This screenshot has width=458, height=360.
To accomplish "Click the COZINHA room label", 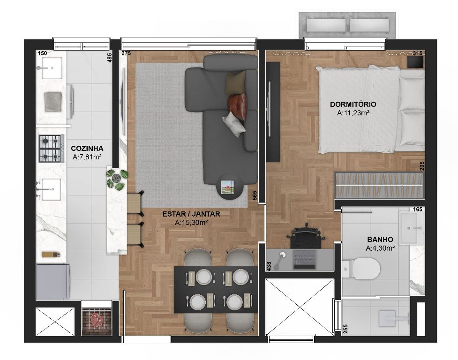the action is pos(87,149).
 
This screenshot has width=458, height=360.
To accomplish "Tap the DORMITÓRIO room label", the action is pos(353,104).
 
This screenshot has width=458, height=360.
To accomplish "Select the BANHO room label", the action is pos(380,240).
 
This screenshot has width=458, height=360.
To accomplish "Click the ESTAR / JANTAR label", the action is pos(191,214).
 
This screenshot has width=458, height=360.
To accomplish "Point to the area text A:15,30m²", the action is pos(191,223).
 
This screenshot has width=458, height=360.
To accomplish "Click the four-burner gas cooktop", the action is pos(52,148).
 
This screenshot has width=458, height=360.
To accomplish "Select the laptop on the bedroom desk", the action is pos(305,259).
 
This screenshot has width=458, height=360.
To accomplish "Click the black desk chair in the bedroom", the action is pos(306,236).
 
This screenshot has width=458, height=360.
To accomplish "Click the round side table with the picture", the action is pos(230,187).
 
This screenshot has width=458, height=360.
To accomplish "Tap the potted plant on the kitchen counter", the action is pos(117,179).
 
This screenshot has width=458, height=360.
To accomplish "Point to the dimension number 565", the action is pos(255,195).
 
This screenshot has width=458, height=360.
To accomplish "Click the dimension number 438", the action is pos(269,266).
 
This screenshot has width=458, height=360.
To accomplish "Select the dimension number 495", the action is pos(110,58).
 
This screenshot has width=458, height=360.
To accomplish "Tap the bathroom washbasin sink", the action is pos(411,228).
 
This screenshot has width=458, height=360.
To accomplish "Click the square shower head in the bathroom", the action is pos(387,318).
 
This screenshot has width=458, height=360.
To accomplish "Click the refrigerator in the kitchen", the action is pos(53,281).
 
